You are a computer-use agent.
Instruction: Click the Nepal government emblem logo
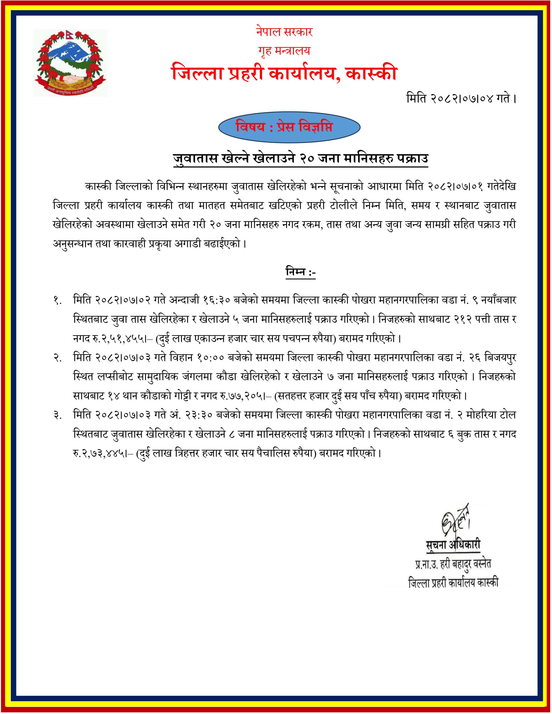coord(70,62)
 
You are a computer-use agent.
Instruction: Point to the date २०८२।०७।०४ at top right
coord(455,99)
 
